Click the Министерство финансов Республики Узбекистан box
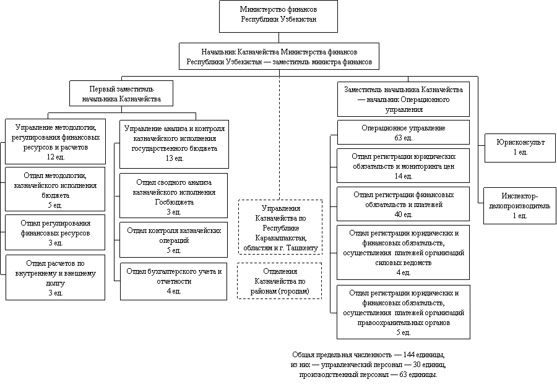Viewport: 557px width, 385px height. point(278,15)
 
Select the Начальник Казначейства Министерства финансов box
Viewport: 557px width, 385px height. point(279,57)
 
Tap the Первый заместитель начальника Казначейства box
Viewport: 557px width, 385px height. point(121,94)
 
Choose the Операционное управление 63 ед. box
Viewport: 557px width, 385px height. point(403,132)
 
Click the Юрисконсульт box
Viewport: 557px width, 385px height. point(520,147)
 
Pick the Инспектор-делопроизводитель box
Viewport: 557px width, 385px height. point(519,206)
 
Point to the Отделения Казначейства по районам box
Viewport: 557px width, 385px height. point(280,281)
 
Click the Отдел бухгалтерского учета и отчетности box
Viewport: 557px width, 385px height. point(173,281)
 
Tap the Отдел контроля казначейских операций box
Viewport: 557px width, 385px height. point(173,240)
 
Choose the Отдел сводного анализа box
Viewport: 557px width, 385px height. point(173,196)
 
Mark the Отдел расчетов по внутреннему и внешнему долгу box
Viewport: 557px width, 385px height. point(55,277)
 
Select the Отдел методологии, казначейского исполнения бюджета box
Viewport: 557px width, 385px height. point(55,190)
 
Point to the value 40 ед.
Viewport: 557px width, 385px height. point(403,214)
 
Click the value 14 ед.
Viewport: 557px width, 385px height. point(403,176)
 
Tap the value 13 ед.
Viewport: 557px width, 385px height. point(175,158)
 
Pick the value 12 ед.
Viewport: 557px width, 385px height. point(55,157)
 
